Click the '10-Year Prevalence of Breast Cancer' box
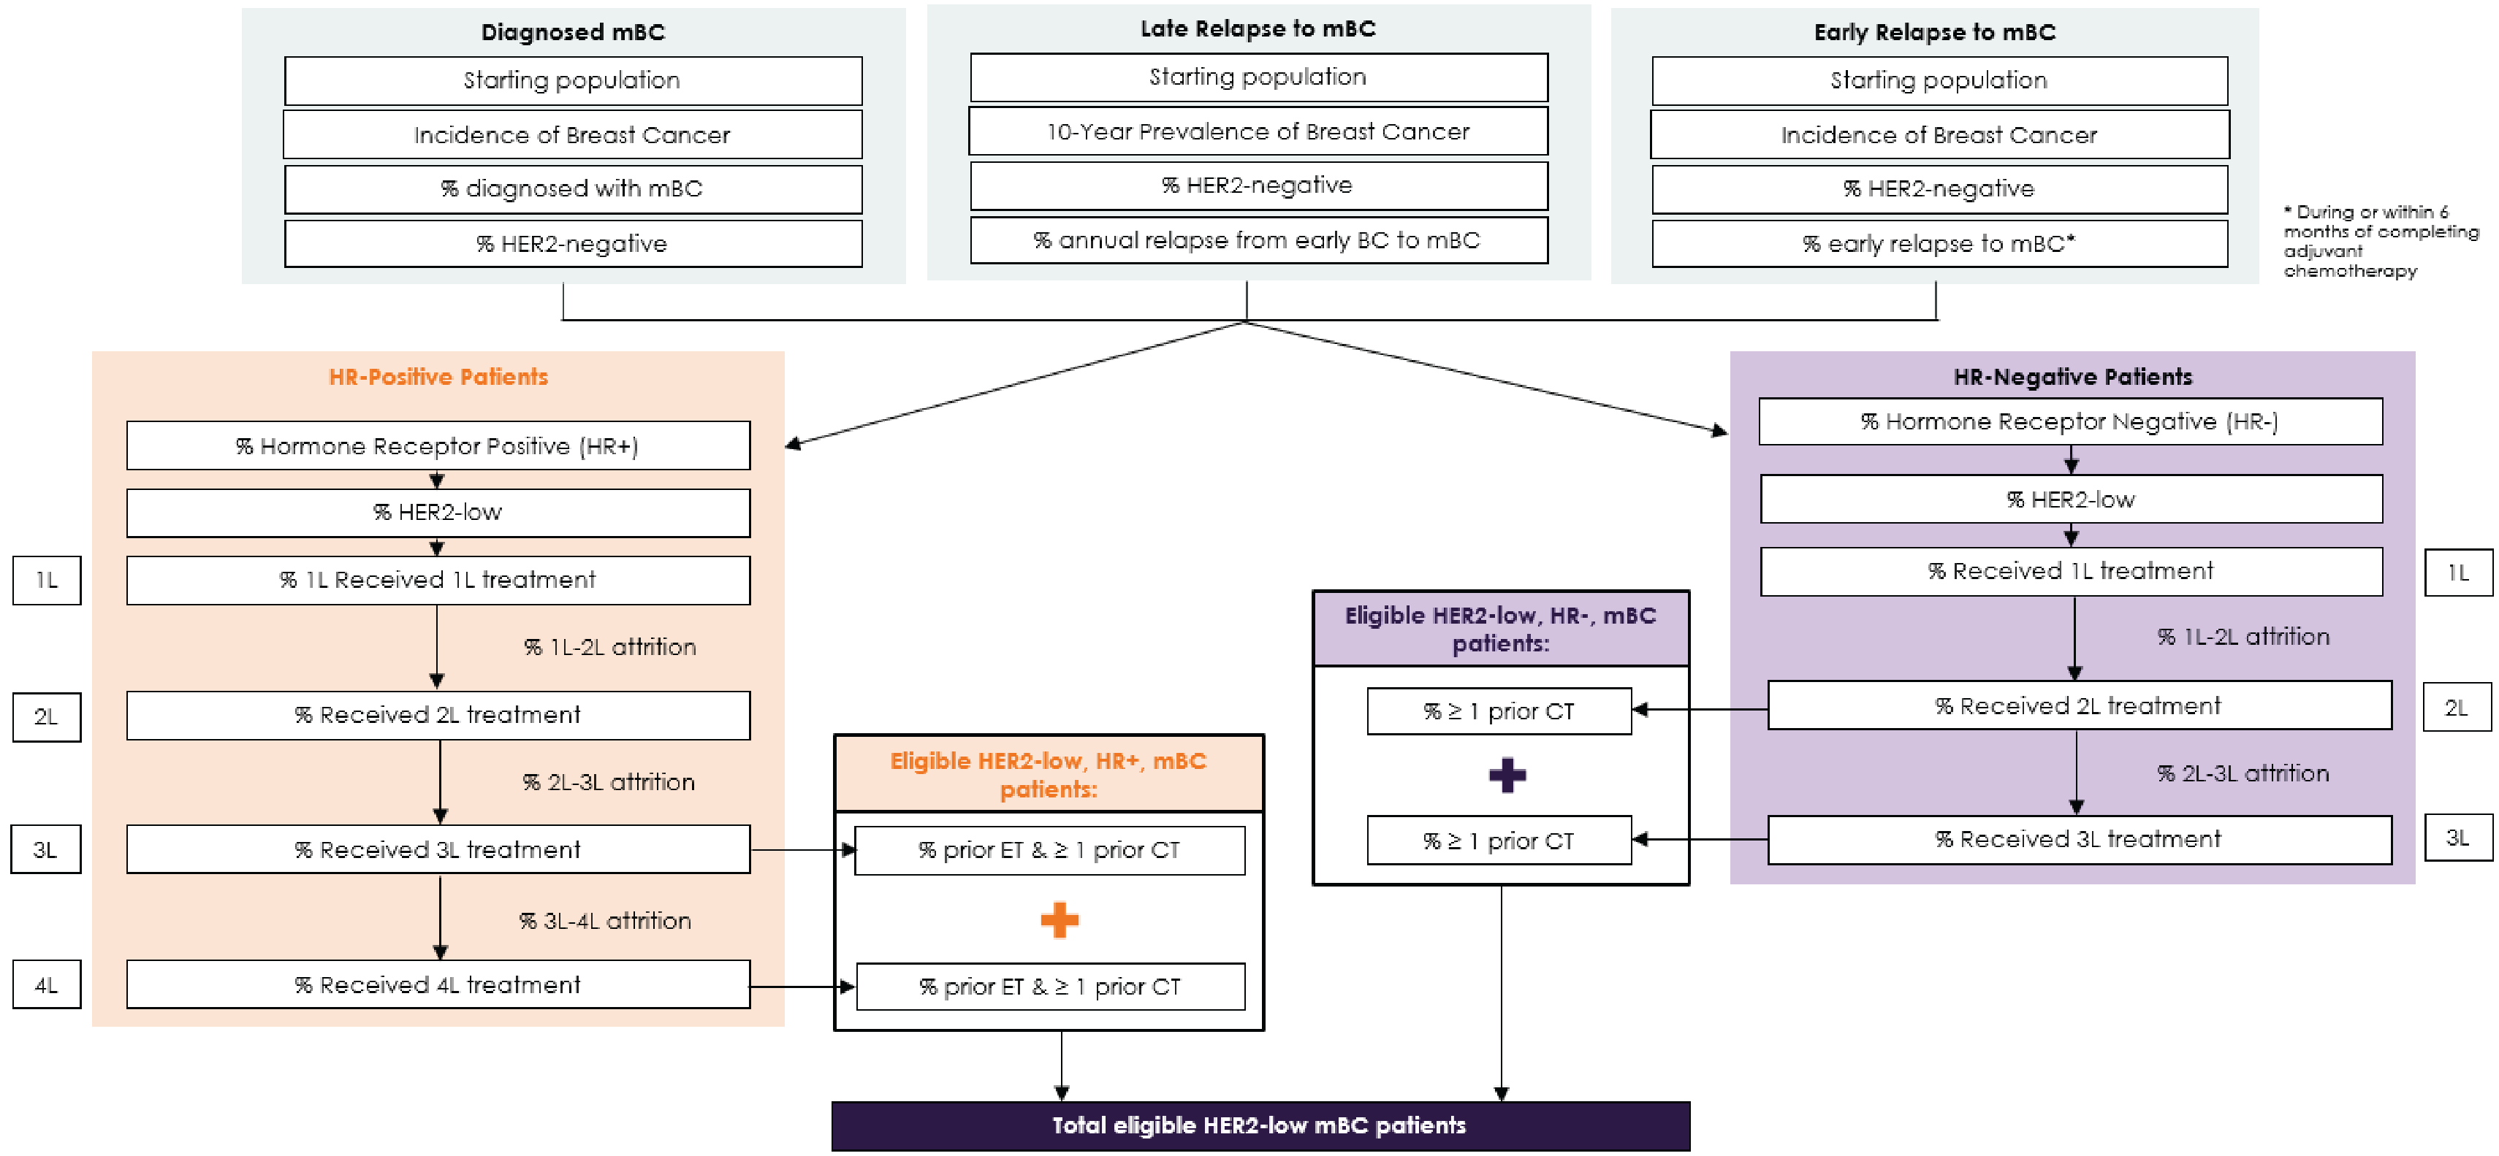tap(1258, 131)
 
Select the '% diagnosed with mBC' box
tap(572, 188)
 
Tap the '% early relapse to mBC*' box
tap(1939, 243)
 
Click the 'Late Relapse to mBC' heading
tap(1258, 28)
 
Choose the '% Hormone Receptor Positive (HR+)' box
tap(438, 446)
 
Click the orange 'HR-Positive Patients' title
tap(438, 376)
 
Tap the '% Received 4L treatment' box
tap(438, 985)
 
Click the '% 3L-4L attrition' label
tap(604, 920)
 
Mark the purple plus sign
tap(1507, 775)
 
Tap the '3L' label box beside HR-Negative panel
tap(2457, 838)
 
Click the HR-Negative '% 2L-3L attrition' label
tap(2242, 773)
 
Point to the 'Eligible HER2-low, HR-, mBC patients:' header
tap(1500, 629)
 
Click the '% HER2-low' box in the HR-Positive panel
tap(438, 512)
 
